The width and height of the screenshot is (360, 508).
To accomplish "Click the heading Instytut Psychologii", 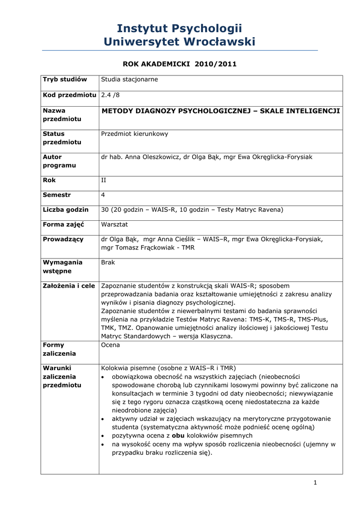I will (179, 28).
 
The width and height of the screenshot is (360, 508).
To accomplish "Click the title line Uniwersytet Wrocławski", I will (179, 42).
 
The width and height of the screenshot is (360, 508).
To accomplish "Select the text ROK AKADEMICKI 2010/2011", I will (179, 64).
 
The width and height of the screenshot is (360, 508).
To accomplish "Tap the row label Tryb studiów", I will (65, 79).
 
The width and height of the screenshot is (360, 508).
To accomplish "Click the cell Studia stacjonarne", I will (129, 79).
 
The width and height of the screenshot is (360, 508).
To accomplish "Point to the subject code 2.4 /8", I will (111, 95).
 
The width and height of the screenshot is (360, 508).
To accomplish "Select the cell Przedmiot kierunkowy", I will (135, 133).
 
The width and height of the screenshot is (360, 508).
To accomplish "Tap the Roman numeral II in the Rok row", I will (103, 181).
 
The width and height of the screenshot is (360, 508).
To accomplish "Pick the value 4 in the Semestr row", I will (103, 195).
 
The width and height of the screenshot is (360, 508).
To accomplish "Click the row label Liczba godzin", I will (66, 210).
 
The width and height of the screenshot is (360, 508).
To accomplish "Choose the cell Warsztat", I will (115, 224).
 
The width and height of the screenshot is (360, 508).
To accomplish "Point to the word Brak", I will (108, 262).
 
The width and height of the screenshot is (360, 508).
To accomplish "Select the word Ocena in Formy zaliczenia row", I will (110, 345).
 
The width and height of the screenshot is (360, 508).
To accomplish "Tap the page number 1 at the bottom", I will (315, 483).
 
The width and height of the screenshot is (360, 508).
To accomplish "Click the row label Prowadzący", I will (63, 239).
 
